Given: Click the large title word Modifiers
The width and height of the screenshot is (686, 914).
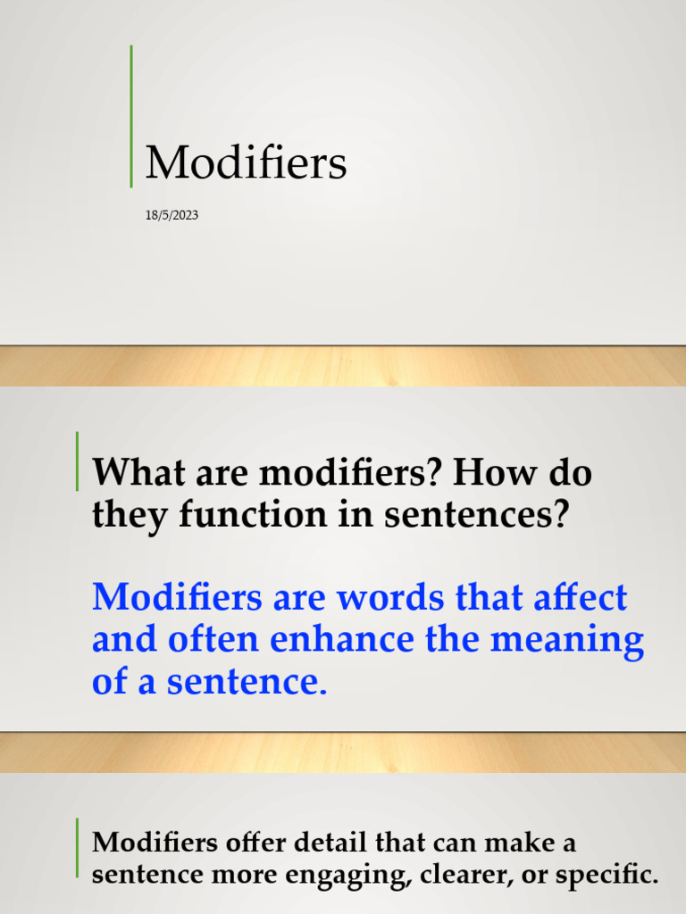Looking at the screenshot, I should pos(246,164).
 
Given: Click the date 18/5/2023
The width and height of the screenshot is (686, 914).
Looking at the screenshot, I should pos(171,215).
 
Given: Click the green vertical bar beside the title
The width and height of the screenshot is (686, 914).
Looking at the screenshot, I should pos(131,116).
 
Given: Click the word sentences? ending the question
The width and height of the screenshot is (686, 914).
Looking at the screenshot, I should pos(488,515).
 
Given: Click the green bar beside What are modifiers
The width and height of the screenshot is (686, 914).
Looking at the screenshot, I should pos(77,461).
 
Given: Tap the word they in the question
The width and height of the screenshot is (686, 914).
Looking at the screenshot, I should pos(123,515).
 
